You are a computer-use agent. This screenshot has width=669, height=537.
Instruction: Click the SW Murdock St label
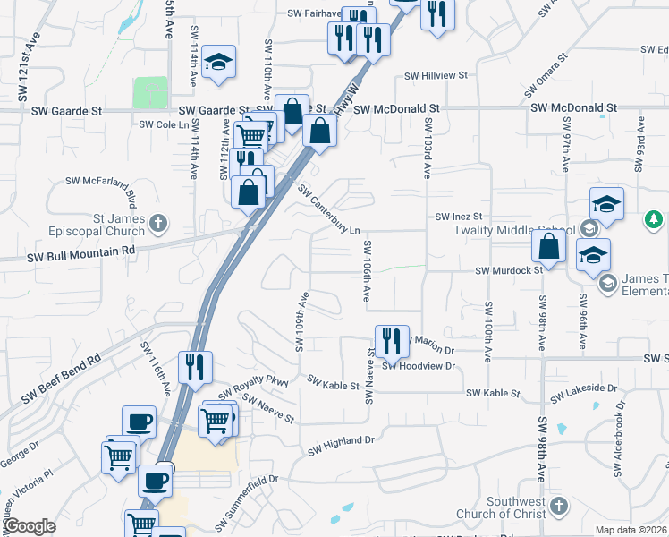[x=509, y=269]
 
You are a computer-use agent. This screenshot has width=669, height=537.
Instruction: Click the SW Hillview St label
[x=436, y=77]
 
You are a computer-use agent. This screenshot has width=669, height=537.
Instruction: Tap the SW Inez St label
[x=459, y=217]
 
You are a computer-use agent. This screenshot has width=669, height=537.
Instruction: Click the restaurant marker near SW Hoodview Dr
[x=392, y=341]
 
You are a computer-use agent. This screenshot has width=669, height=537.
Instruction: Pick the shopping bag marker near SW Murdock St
[x=548, y=246]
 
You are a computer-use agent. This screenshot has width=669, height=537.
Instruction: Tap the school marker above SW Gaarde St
[x=218, y=63]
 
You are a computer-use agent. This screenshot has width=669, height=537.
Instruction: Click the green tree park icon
[x=654, y=219]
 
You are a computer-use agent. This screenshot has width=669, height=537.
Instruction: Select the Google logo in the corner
[x=29, y=526]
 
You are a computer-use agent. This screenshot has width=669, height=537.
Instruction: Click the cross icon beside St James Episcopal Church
[x=158, y=223]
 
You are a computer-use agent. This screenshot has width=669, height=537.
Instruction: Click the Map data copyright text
[x=631, y=530]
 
